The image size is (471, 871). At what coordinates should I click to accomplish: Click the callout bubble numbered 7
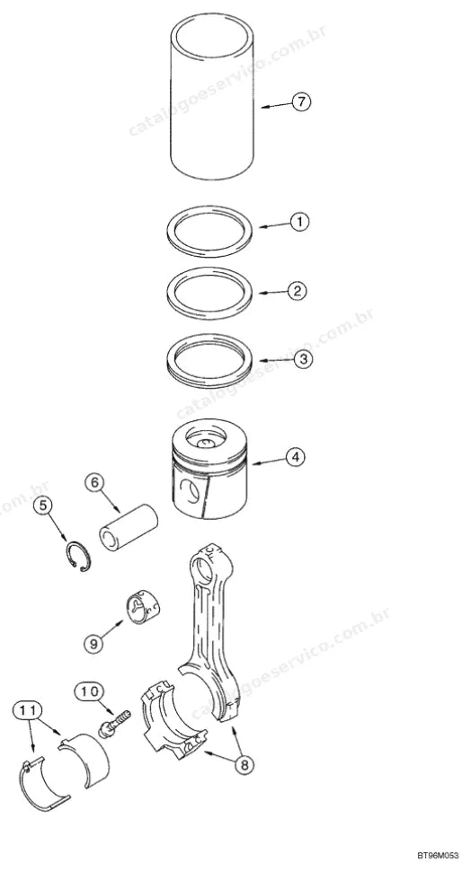coord(301,102)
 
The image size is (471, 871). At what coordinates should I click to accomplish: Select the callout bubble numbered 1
coord(299,222)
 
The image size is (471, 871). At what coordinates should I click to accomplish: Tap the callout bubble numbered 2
coord(298,291)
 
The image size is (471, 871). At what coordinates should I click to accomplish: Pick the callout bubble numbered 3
coord(303,359)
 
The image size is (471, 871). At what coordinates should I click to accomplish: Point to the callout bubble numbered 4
coord(296,457)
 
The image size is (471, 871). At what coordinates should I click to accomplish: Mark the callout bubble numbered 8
coord(244,765)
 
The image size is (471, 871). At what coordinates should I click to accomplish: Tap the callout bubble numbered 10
coord(90,691)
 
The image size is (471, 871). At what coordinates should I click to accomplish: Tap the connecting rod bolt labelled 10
coord(113,723)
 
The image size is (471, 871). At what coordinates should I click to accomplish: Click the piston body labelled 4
coord(209,470)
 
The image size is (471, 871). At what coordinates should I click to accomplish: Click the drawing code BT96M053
coord(438,856)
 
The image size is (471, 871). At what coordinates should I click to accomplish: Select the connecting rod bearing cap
coord(173,717)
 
